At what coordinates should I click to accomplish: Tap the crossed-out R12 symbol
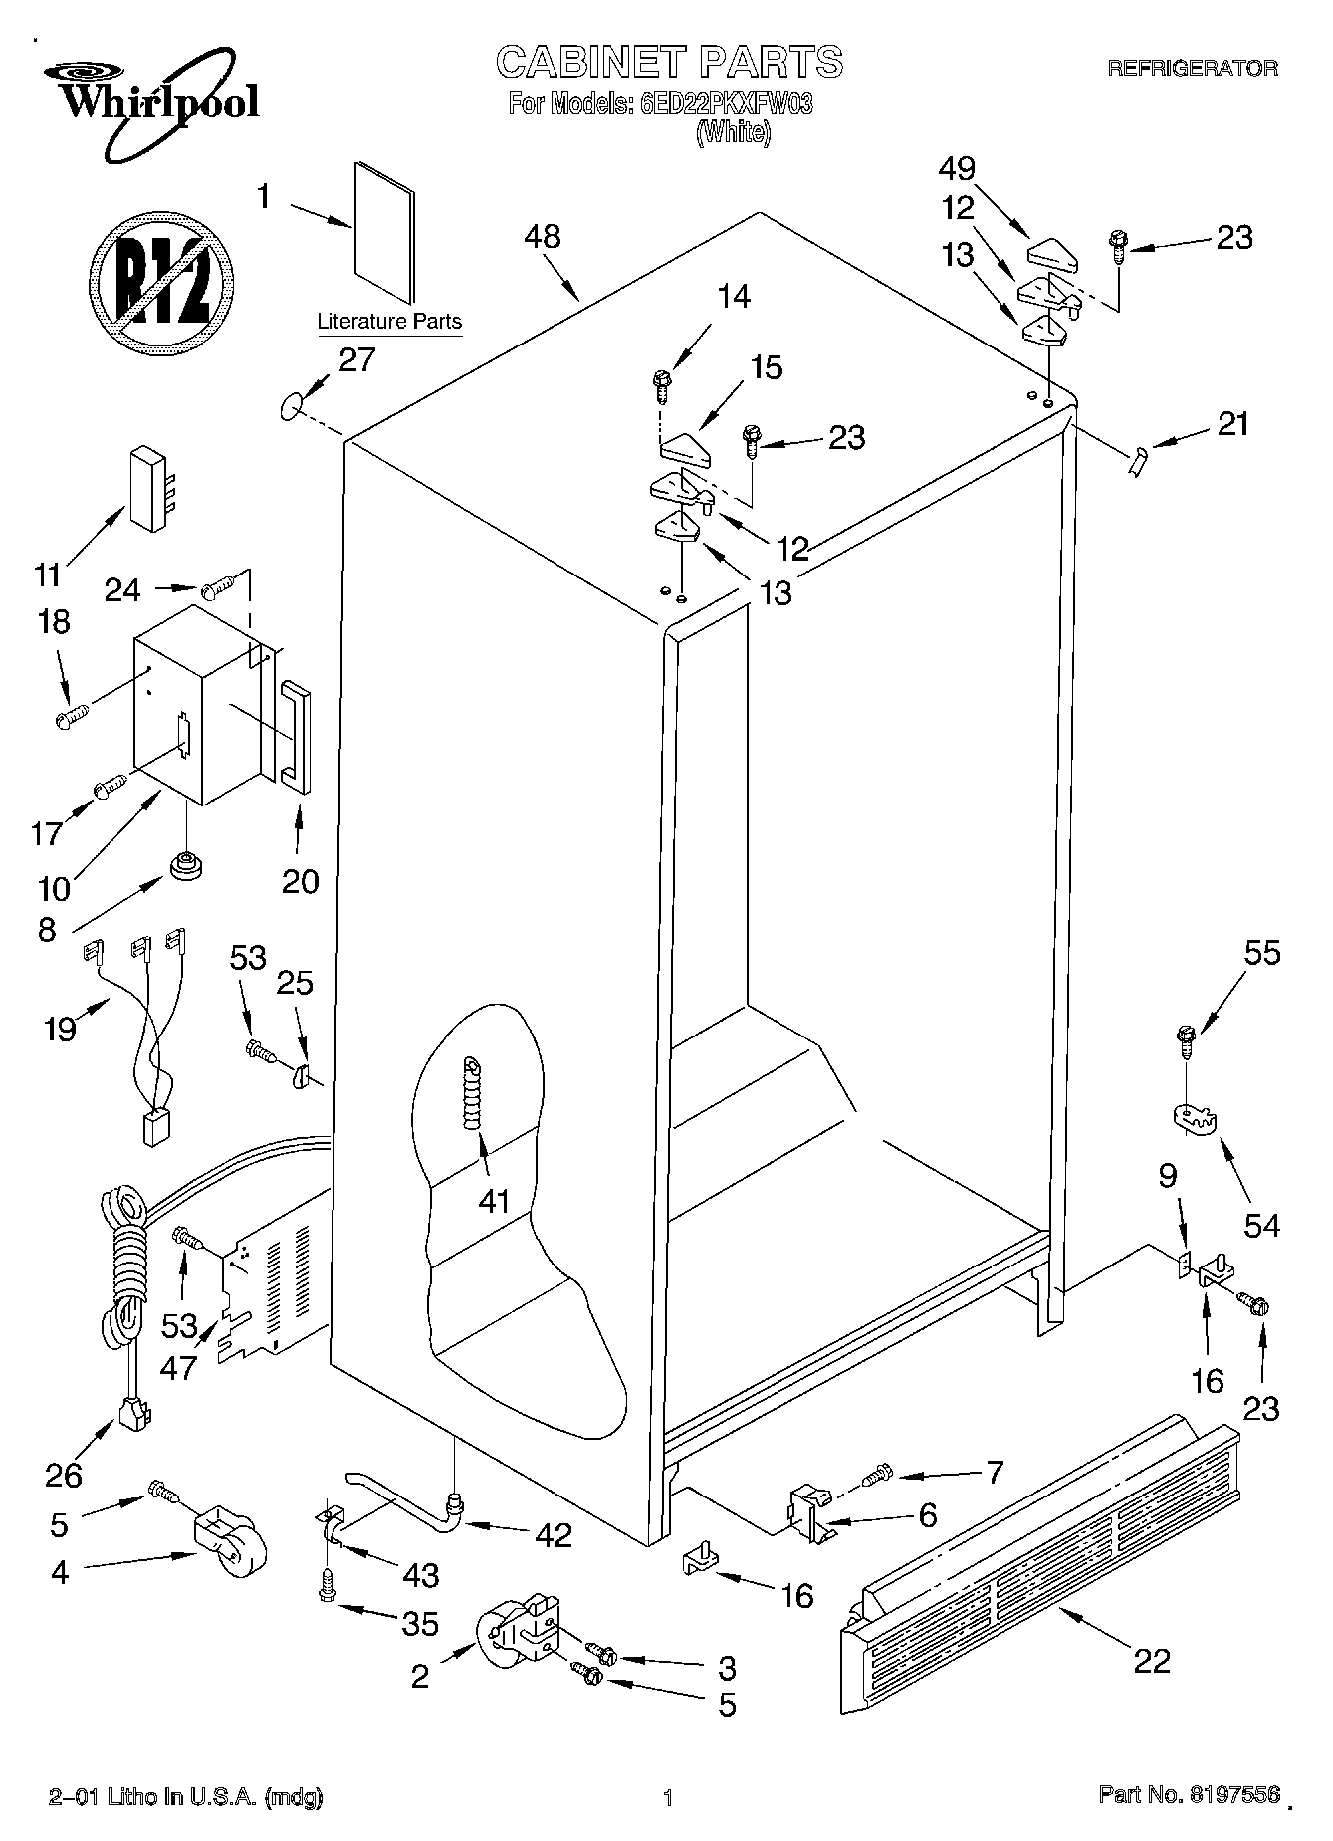[x=162, y=280]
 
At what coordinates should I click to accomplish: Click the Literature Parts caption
[x=388, y=322]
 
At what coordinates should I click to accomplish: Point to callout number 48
[x=543, y=237]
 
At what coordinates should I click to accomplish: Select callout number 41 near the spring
[x=494, y=1201]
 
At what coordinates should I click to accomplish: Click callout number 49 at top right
[x=957, y=168]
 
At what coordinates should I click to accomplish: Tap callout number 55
[x=1262, y=953]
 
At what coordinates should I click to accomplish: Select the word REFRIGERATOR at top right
[x=1192, y=69]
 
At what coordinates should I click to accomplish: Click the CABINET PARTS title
[x=669, y=62]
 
